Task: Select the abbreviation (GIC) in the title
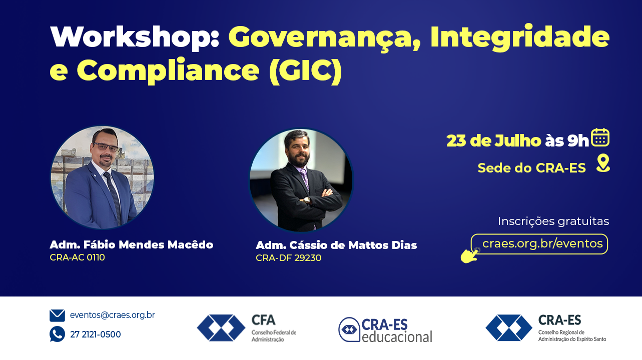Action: [x=306, y=70]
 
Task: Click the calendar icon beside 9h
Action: [x=600, y=137]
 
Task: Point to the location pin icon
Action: [x=603, y=163]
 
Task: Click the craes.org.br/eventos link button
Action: [x=539, y=244]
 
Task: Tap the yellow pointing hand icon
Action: [x=470, y=255]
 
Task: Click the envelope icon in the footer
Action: [x=58, y=315]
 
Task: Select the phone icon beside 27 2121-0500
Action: [x=58, y=334]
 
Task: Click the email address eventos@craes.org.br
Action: [x=113, y=315]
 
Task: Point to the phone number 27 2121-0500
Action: [x=96, y=334]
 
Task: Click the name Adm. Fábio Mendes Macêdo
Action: [x=132, y=245]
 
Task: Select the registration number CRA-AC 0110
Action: [x=78, y=257]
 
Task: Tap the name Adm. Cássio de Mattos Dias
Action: [x=336, y=245]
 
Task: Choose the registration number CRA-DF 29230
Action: [x=289, y=258]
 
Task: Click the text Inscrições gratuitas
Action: [x=553, y=221]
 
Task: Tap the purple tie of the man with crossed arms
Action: [x=305, y=179]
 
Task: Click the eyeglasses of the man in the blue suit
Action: [x=106, y=146]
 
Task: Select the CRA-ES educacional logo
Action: [x=385, y=330]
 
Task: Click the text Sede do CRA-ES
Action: [x=531, y=168]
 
